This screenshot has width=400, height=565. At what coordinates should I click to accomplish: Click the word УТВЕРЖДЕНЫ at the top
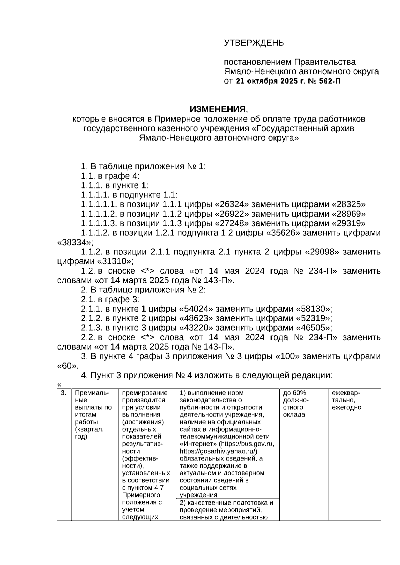[255, 43]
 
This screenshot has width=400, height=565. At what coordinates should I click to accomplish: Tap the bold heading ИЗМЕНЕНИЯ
[218, 109]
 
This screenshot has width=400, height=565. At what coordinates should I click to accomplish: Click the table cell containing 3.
[64, 393]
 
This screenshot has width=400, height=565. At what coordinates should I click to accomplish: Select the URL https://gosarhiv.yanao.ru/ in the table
[218, 451]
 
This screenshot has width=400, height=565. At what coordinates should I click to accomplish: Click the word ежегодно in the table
[346, 408]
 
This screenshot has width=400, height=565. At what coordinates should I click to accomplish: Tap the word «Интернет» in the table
[198, 444]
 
